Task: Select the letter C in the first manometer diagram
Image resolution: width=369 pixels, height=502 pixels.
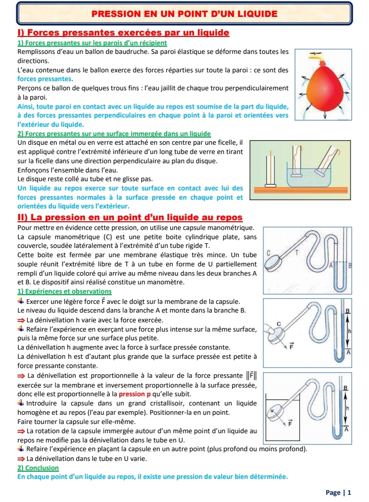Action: point(269,253)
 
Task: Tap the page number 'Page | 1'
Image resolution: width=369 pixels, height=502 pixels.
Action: point(338,492)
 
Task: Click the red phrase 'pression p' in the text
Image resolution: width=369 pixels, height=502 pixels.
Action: point(135,394)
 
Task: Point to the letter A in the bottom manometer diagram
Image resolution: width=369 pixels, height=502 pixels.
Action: point(347,430)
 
